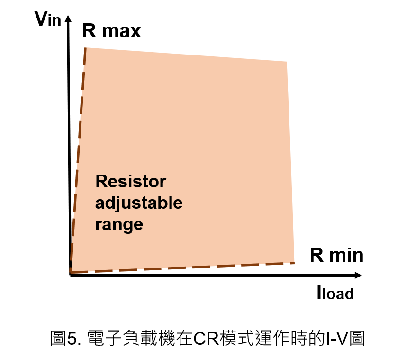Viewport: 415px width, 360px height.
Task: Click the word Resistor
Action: tap(131, 181)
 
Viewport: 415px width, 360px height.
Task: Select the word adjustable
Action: tap(139, 203)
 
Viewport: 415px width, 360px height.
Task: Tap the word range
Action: tap(119, 224)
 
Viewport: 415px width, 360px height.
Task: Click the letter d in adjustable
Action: tap(111, 203)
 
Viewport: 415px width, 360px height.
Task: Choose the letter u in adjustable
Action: tap(127, 204)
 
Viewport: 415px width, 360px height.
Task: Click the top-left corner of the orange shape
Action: tap(86, 48)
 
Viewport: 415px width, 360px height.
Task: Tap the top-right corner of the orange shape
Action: tap(287, 62)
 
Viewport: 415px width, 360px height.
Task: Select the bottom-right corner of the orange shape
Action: tap(294, 263)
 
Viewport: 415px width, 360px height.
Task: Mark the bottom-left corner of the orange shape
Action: tap(71, 272)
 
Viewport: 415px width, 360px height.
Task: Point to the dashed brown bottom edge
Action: tap(182, 268)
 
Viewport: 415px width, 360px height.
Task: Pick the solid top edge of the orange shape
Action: tap(186, 55)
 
